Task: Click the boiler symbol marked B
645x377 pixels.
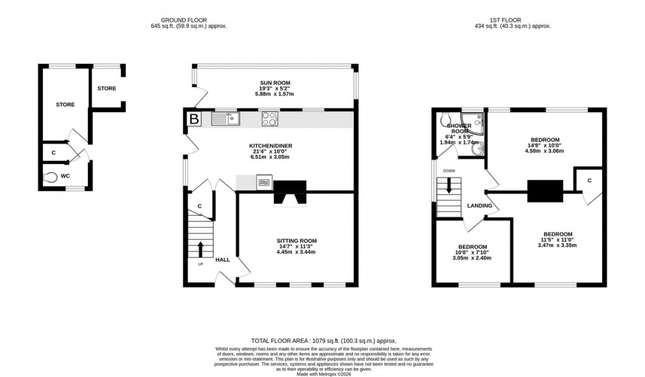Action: tap(193, 118)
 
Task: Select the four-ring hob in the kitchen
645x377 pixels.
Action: tap(270, 118)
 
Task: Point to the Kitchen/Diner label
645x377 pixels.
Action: tap(270, 145)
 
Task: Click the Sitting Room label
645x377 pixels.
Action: tap(296, 240)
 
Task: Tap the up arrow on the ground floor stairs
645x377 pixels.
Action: tap(201, 248)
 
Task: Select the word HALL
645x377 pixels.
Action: tap(223, 260)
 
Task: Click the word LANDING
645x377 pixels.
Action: tap(480, 206)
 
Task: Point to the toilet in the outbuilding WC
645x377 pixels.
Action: tap(51, 176)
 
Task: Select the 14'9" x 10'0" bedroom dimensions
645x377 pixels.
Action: tap(544, 145)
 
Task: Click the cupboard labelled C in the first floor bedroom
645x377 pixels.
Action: tap(589, 180)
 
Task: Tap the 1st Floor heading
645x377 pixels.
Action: tap(512, 20)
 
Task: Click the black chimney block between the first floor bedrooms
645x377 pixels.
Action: tap(544, 190)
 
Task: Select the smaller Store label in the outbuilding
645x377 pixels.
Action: tap(106, 89)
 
